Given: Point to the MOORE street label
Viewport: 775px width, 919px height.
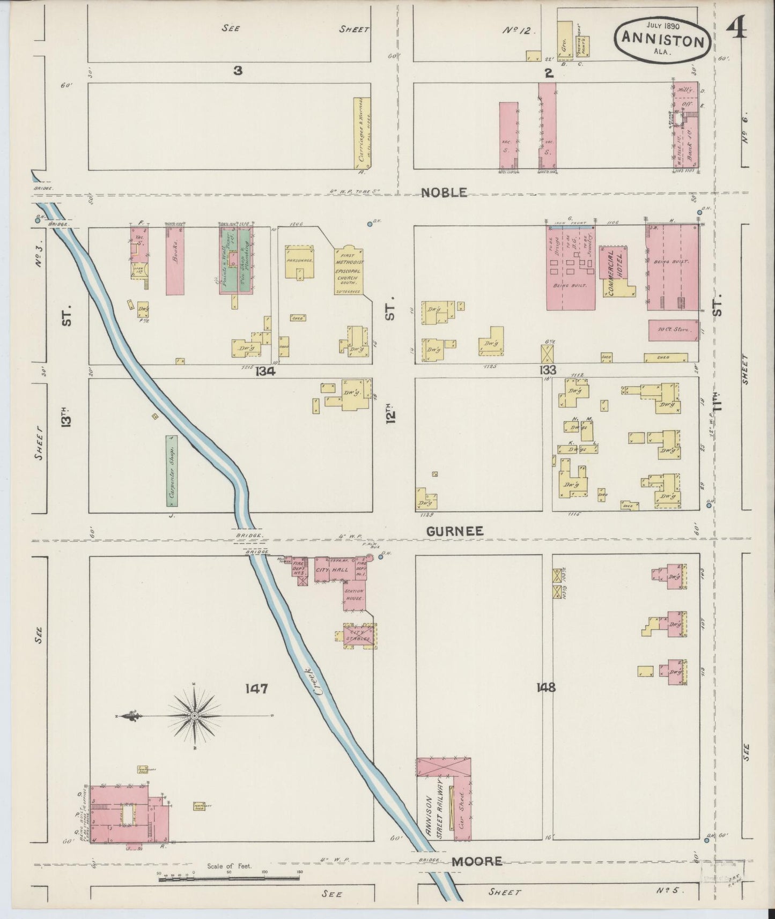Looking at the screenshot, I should tap(477, 861).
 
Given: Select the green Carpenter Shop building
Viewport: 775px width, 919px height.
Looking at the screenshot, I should tap(172, 471).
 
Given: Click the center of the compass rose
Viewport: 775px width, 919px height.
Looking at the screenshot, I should tap(194, 716).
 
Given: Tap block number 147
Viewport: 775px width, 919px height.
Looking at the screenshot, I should tap(256, 689).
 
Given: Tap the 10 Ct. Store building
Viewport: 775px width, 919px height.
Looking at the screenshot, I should tap(673, 330).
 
